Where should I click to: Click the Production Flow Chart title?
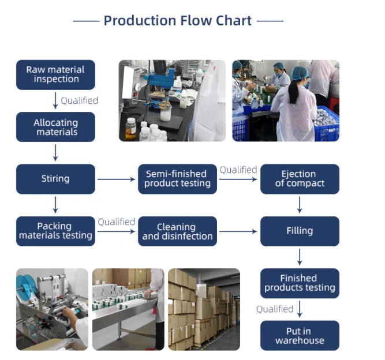[x=178, y=21]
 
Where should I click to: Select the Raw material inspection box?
[x=55, y=74]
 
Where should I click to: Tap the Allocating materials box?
[x=55, y=127]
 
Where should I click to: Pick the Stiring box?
[x=55, y=179]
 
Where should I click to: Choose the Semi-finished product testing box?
[x=177, y=179]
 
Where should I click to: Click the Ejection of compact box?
[x=300, y=179]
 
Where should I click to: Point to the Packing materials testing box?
[x=55, y=231]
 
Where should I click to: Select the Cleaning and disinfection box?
[x=177, y=231]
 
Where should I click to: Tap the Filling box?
[x=300, y=231]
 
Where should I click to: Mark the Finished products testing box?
[x=300, y=283]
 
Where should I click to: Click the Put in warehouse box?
[x=300, y=336]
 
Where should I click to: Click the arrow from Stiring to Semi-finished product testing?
[x=116, y=179]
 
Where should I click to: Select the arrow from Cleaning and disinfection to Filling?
[x=238, y=232]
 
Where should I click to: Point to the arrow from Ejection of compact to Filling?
[x=300, y=205]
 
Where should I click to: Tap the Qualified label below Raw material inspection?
[x=80, y=100]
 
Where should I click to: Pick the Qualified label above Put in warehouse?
[x=275, y=309]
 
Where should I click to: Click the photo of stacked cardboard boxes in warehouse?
[x=204, y=309]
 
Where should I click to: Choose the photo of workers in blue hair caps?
[x=286, y=100]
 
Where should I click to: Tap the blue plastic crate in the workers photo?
[x=328, y=124]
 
